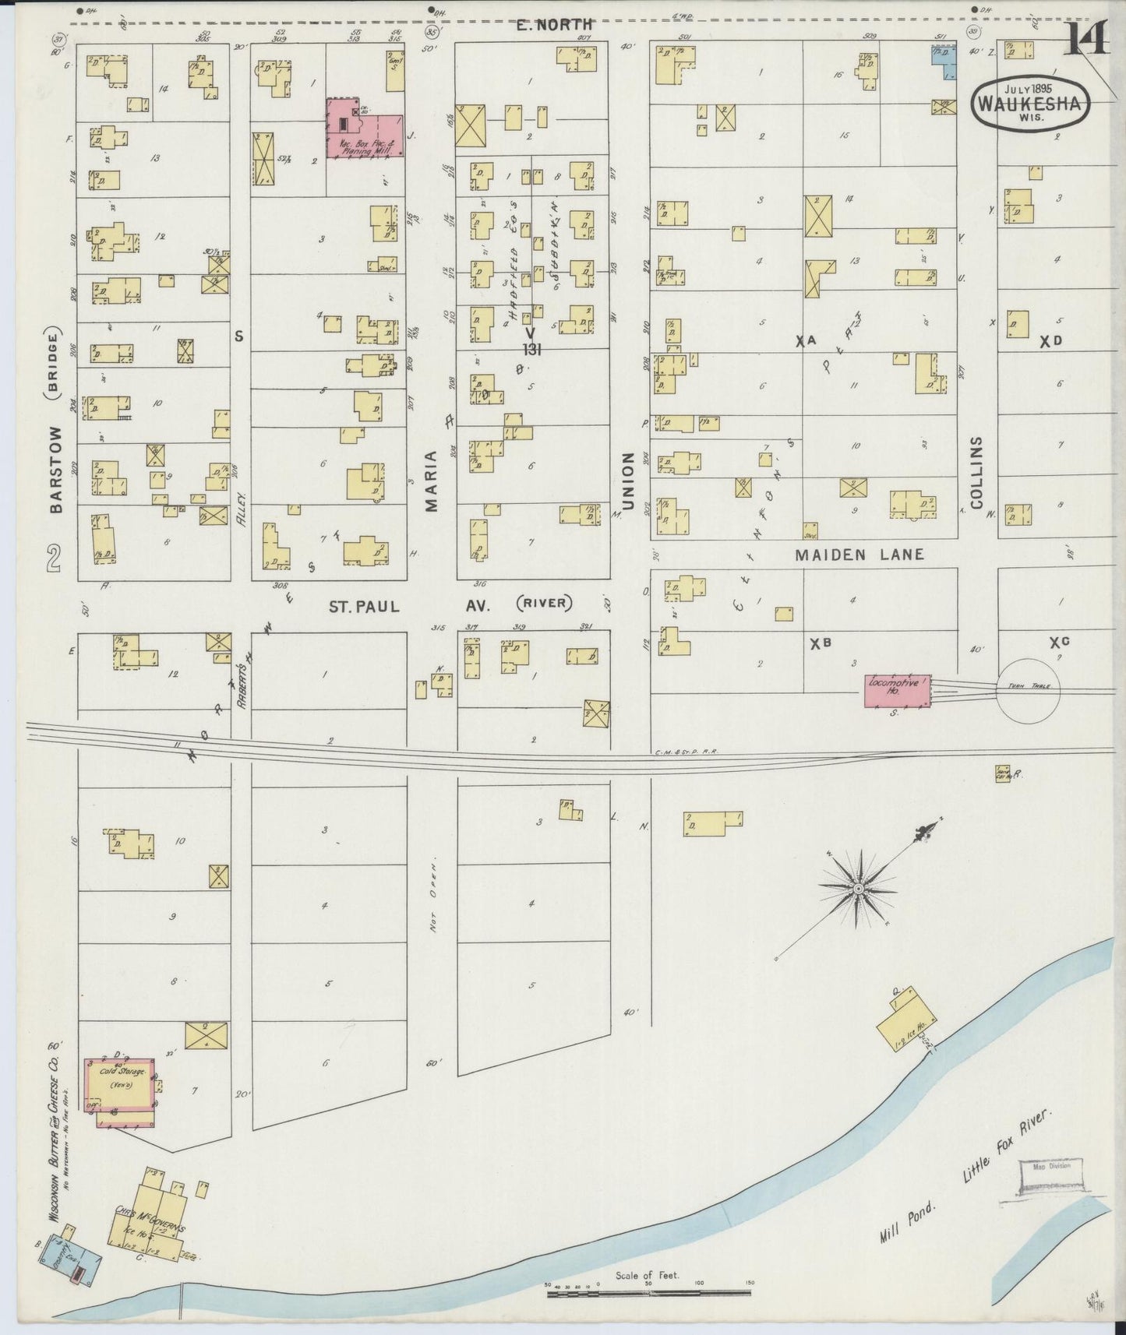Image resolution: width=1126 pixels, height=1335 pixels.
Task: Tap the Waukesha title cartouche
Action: point(1030,100)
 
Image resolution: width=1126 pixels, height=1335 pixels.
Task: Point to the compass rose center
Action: point(858,889)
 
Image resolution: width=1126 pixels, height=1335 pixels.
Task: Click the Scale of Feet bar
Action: point(648,1293)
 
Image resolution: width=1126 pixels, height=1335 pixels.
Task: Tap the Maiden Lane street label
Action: point(859,555)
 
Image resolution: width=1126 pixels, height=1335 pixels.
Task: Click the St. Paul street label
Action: point(364,606)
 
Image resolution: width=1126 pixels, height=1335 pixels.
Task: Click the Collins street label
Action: point(977,470)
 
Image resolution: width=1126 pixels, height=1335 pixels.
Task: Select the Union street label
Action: point(629,474)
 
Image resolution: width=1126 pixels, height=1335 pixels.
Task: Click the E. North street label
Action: point(554,25)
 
